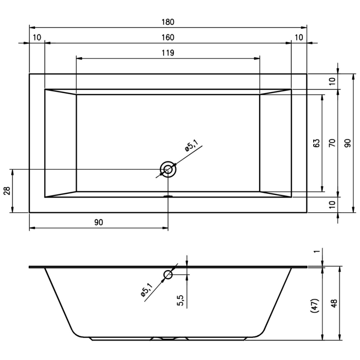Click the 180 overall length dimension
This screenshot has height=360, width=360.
tap(168, 22)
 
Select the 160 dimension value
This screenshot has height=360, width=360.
tap(168, 38)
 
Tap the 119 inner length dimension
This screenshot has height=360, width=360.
tap(168, 52)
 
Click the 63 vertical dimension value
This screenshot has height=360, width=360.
tap(316, 143)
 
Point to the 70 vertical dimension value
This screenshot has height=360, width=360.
tap(332, 143)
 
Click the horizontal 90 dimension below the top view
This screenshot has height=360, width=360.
tap(99, 222)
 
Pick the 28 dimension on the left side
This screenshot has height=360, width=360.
tap(7, 191)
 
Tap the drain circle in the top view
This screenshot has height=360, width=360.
tap(168, 169)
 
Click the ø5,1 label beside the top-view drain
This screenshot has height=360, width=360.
tap(193, 147)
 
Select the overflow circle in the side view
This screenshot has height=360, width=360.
tap(168, 275)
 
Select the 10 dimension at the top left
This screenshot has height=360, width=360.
tap(37, 38)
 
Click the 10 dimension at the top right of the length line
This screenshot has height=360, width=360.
tap(299, 38)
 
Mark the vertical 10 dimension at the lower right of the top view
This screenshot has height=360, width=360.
tap(332, 204)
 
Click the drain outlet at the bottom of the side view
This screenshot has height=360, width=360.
tap(168, 339)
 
